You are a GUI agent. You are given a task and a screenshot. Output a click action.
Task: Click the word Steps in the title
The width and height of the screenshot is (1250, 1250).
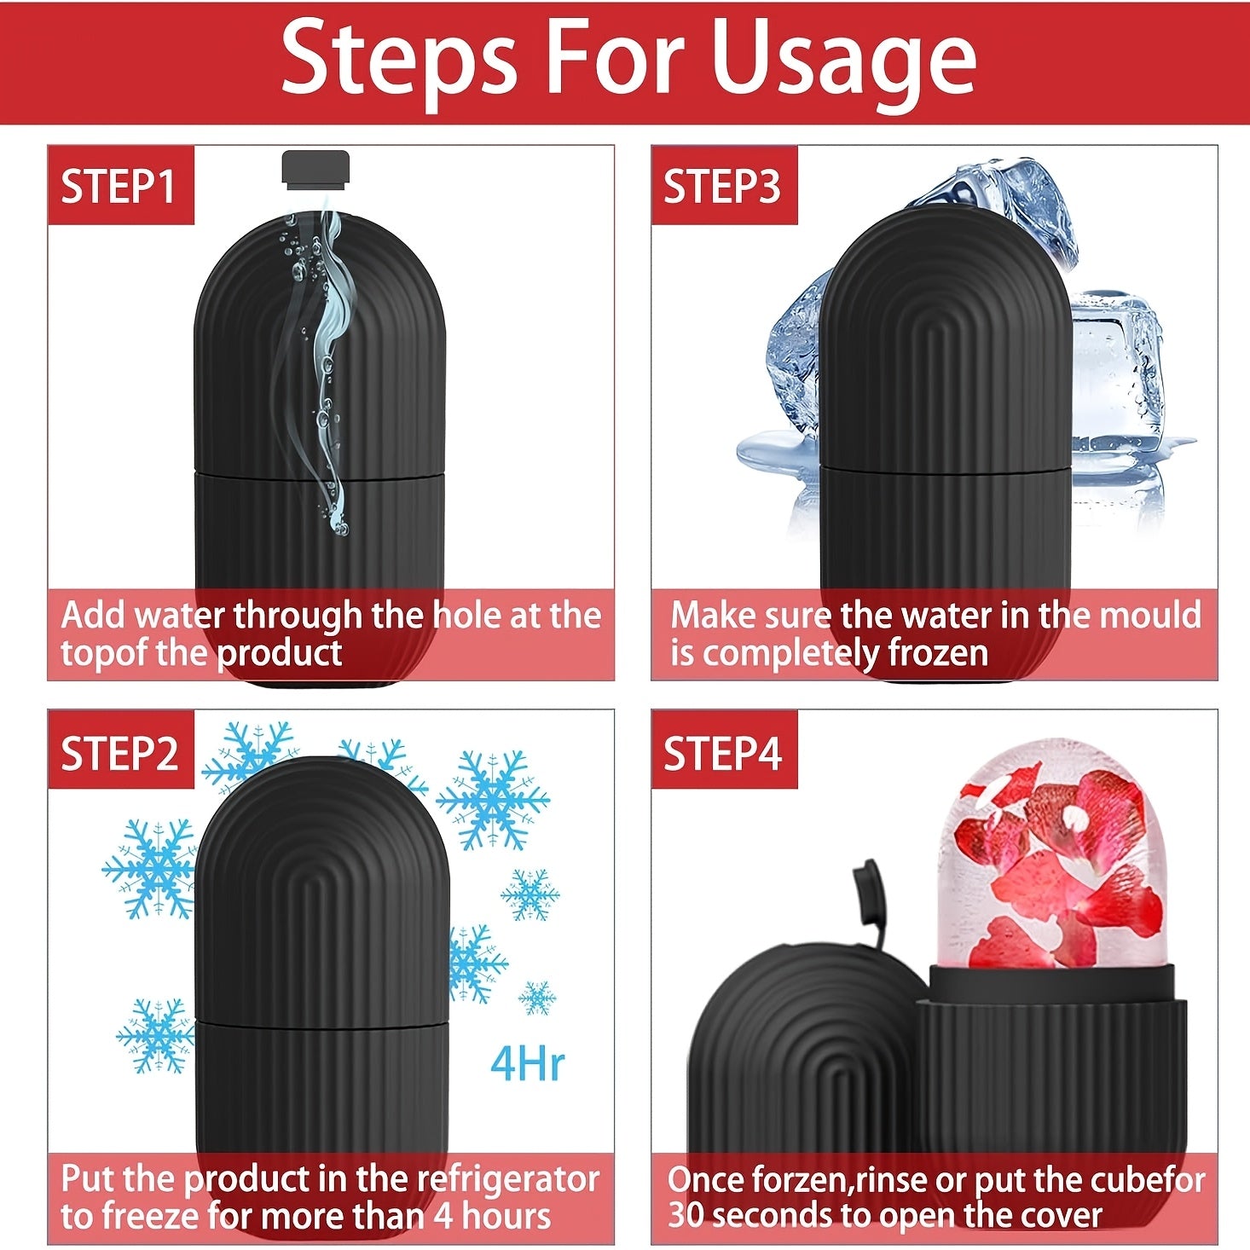pos(400,62)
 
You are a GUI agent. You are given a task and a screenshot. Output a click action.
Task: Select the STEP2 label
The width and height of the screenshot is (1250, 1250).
pos(119,752)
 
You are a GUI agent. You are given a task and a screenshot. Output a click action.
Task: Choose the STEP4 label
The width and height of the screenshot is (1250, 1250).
pos(722,752)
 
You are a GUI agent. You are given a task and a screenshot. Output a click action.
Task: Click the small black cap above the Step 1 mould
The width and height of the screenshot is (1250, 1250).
pos(315,170)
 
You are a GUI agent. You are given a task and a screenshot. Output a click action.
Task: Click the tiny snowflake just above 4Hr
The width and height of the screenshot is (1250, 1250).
pos(537,998)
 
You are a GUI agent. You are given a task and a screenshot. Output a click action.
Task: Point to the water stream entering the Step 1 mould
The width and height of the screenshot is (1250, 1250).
pos(327,363)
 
